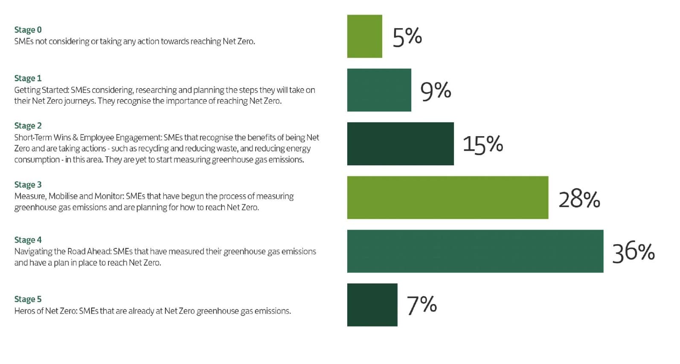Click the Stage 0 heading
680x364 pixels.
[x=28, y=30]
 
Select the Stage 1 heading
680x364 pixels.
[x=28, y=79]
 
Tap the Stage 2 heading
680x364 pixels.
[x=28, y=126]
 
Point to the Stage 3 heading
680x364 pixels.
[x=28, y=185]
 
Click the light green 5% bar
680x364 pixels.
[x=364, y=36]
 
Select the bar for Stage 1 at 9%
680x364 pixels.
[x=379, y=90]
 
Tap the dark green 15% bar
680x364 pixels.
[x=400, y=144]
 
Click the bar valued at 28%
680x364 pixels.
[x=448, y=198]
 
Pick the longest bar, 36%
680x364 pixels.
[x=475, y=251]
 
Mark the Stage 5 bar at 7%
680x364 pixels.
[x=372, y=305]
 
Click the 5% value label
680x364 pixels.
[x=407, y=37]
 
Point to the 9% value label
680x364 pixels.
[x=436, y=91]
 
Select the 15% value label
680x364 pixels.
[x=482, y=145]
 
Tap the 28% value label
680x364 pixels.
[x=579, y=199]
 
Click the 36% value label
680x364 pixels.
[x=633, y=252]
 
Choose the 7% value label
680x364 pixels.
[x=421, y=305]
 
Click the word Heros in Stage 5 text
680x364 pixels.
[x=23, y=311]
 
